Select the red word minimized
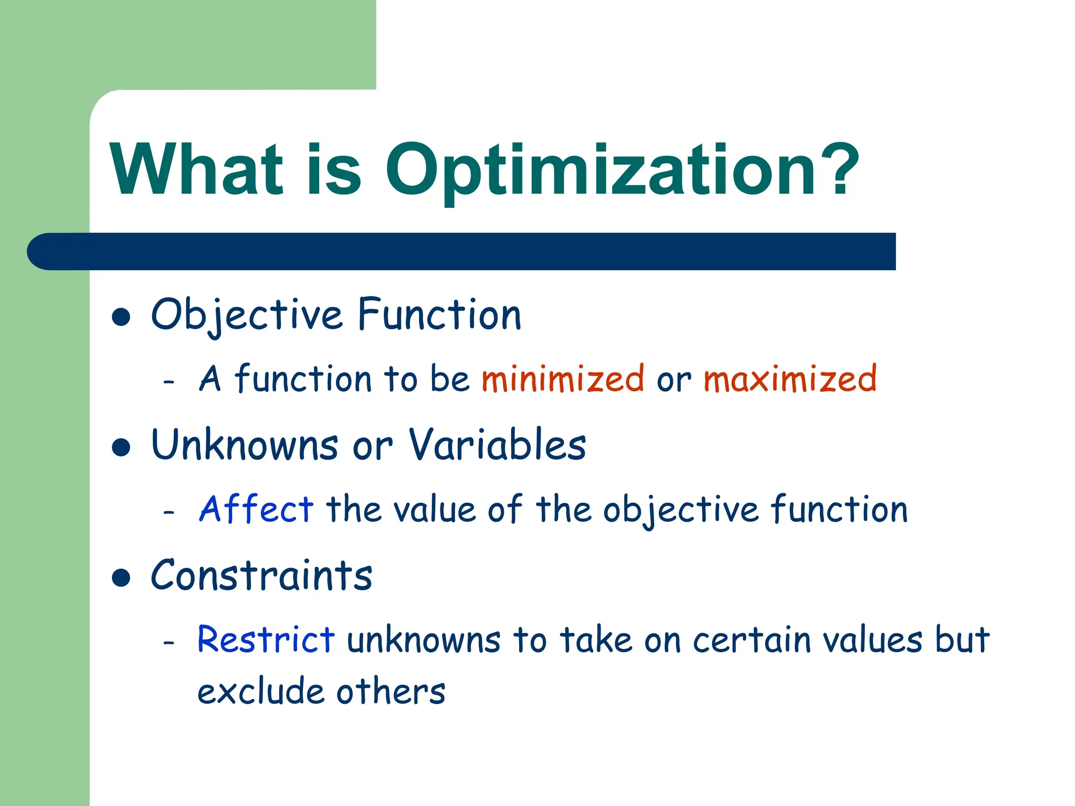(562, 379)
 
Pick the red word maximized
(789, 379)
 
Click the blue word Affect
(256, 509)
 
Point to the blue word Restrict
(266, 640)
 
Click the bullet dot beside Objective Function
(121, 317)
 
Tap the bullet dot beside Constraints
(121, 578)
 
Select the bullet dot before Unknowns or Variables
(121, 447)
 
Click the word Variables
(497, 445)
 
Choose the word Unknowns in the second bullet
(245, 445)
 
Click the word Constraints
(261, 576)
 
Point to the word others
(391, 692)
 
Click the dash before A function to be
(168, 381)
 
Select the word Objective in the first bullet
(247, 315)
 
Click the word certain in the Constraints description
(751, 641)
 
